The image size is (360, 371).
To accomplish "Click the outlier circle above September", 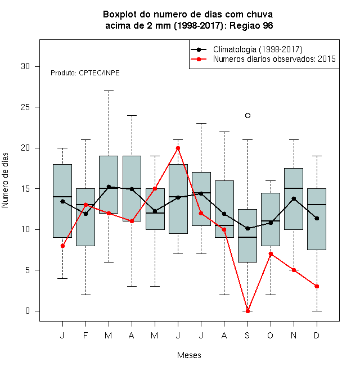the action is [247, 115].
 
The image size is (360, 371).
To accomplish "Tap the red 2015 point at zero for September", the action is [247, 311].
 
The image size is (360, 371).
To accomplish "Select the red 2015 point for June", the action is [178, 148].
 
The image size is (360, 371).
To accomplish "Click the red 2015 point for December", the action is [317, 286].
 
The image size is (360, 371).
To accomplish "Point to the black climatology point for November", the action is [294, 198].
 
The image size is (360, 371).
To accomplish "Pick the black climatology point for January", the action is [62, 201].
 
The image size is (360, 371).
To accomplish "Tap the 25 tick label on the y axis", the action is [25, 107].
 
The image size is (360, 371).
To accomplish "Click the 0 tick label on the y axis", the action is [28, 311].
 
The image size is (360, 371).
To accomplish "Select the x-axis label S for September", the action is [247, 335].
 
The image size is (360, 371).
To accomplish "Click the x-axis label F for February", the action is [85, 335].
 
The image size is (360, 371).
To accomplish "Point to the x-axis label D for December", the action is [317, 335].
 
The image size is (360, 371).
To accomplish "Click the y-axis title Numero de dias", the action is [5, 180].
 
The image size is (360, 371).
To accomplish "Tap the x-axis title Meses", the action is [189, 355].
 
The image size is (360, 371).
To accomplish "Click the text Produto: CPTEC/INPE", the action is [85, 73].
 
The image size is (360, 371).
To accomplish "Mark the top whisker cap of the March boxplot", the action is [109, 91].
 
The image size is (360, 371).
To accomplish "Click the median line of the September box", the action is [247, 237].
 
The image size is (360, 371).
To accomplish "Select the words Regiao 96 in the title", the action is [251, 25].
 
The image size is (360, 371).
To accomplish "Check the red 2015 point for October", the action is [271, 254].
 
